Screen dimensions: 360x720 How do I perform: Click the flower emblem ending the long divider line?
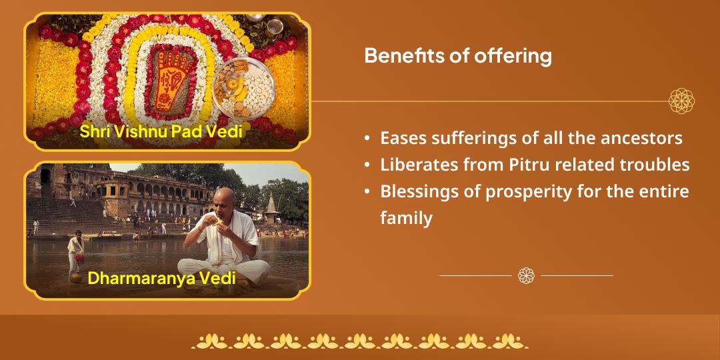[681, 101]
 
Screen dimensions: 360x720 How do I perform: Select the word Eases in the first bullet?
[401, 138]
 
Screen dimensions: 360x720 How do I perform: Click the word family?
[406, 218]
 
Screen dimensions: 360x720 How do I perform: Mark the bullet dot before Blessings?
[367, 192]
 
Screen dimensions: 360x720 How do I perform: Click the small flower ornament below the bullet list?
[526, 275]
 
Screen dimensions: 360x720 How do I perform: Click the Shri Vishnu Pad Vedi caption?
[161, 131]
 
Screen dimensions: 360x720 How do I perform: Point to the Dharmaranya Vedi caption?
[161, 277]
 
